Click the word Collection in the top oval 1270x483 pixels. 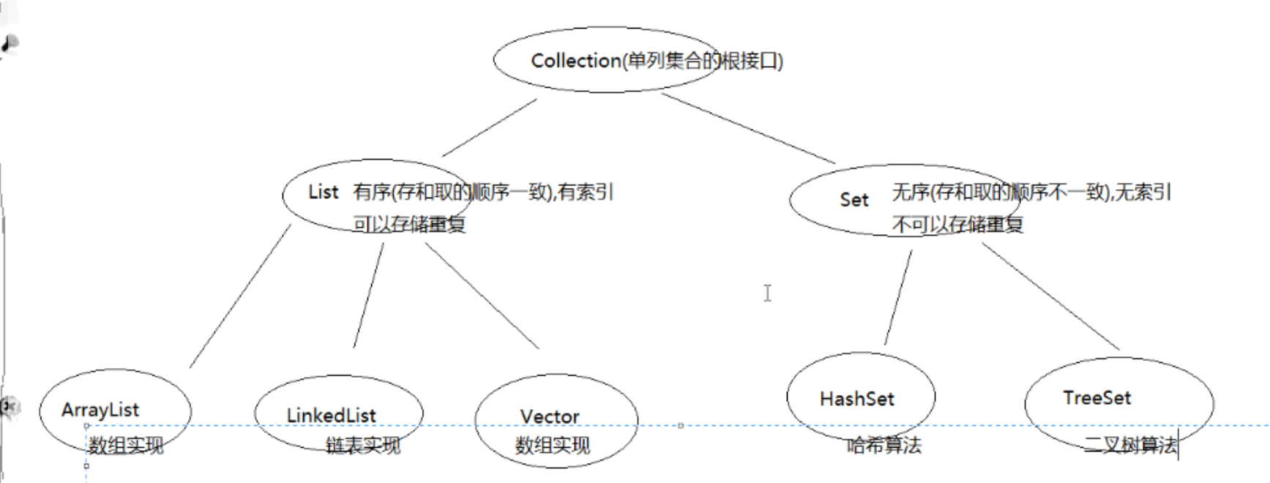[576, 61]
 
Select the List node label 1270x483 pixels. [323, 192]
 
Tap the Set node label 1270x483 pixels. [853, 200]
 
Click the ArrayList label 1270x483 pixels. [100, 410]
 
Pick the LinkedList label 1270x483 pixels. [331, 416]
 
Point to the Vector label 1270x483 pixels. [550, 416]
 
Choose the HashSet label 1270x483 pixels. [857, 399]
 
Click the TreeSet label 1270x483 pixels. [1097, 398]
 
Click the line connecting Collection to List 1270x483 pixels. [489, 128]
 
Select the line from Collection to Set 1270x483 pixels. [748, 128]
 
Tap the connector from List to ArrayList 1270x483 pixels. [240, 296]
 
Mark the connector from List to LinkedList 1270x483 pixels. [368, 296]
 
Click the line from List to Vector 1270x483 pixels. [482, 296]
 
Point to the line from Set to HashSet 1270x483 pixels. [898, 297]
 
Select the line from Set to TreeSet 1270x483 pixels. [1050, 296]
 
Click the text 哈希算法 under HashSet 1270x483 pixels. [884, 445]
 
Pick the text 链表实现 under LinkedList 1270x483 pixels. [363, 445]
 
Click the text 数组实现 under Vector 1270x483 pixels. [552, 445]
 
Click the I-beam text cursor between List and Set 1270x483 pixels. [767, 293]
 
